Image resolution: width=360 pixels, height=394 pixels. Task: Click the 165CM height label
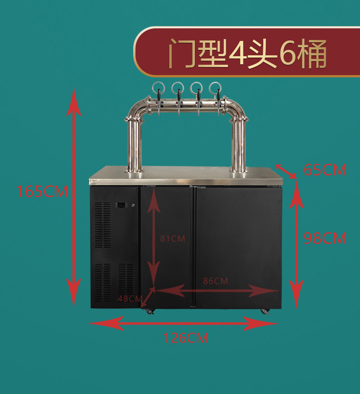click(x=42, y=191)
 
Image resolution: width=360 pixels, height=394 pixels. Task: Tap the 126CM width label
click(x=186, y=338)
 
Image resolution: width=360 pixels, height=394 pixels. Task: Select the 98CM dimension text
click(x=325, y=238)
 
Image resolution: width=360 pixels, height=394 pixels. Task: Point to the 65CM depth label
click(x=325, y=170)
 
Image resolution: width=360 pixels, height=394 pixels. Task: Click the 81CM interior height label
click(x=172, y=238)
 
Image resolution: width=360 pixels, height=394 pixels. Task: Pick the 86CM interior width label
click(x=216, y=281)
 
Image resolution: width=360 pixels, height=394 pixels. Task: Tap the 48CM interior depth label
click(x=130, y=299)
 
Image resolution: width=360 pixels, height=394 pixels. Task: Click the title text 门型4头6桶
click(x=247, y=53)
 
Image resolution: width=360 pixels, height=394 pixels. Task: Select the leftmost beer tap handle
click(x=159, y=94)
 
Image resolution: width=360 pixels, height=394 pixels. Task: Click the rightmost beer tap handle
click(x=218, y=94)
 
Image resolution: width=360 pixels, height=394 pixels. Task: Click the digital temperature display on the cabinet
click(x=121, y=205)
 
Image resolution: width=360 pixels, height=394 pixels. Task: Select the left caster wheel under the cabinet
click(x=149, y=312)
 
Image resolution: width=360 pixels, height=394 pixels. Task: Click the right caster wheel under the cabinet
click(x=265, y=312)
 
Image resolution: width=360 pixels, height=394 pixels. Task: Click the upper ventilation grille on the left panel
click(x=103, y=225)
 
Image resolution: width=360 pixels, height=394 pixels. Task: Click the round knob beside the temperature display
click(x=133, y=205)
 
